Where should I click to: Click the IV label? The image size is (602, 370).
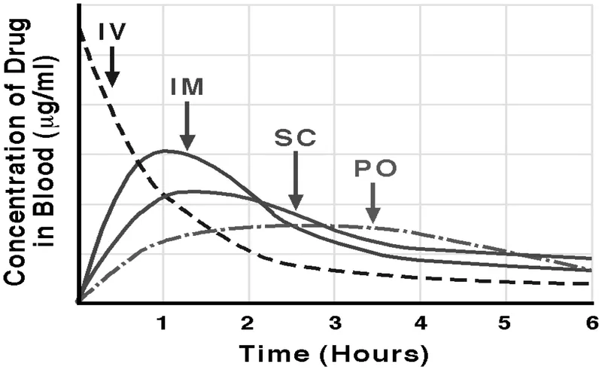pyautogui.click(x=112, y=32)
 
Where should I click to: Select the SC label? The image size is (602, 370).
pyautogui.click(x=295, y=138)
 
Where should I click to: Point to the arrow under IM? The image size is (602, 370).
pyautogui.click(x=187, y=124)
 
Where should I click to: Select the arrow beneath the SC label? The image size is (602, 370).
pyautogui.click(x=295, y=181)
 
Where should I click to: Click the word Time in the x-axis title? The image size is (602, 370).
pyautogui.click(x=272, y=353)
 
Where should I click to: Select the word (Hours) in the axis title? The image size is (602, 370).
pyautogui.click(x=375, y=353)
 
